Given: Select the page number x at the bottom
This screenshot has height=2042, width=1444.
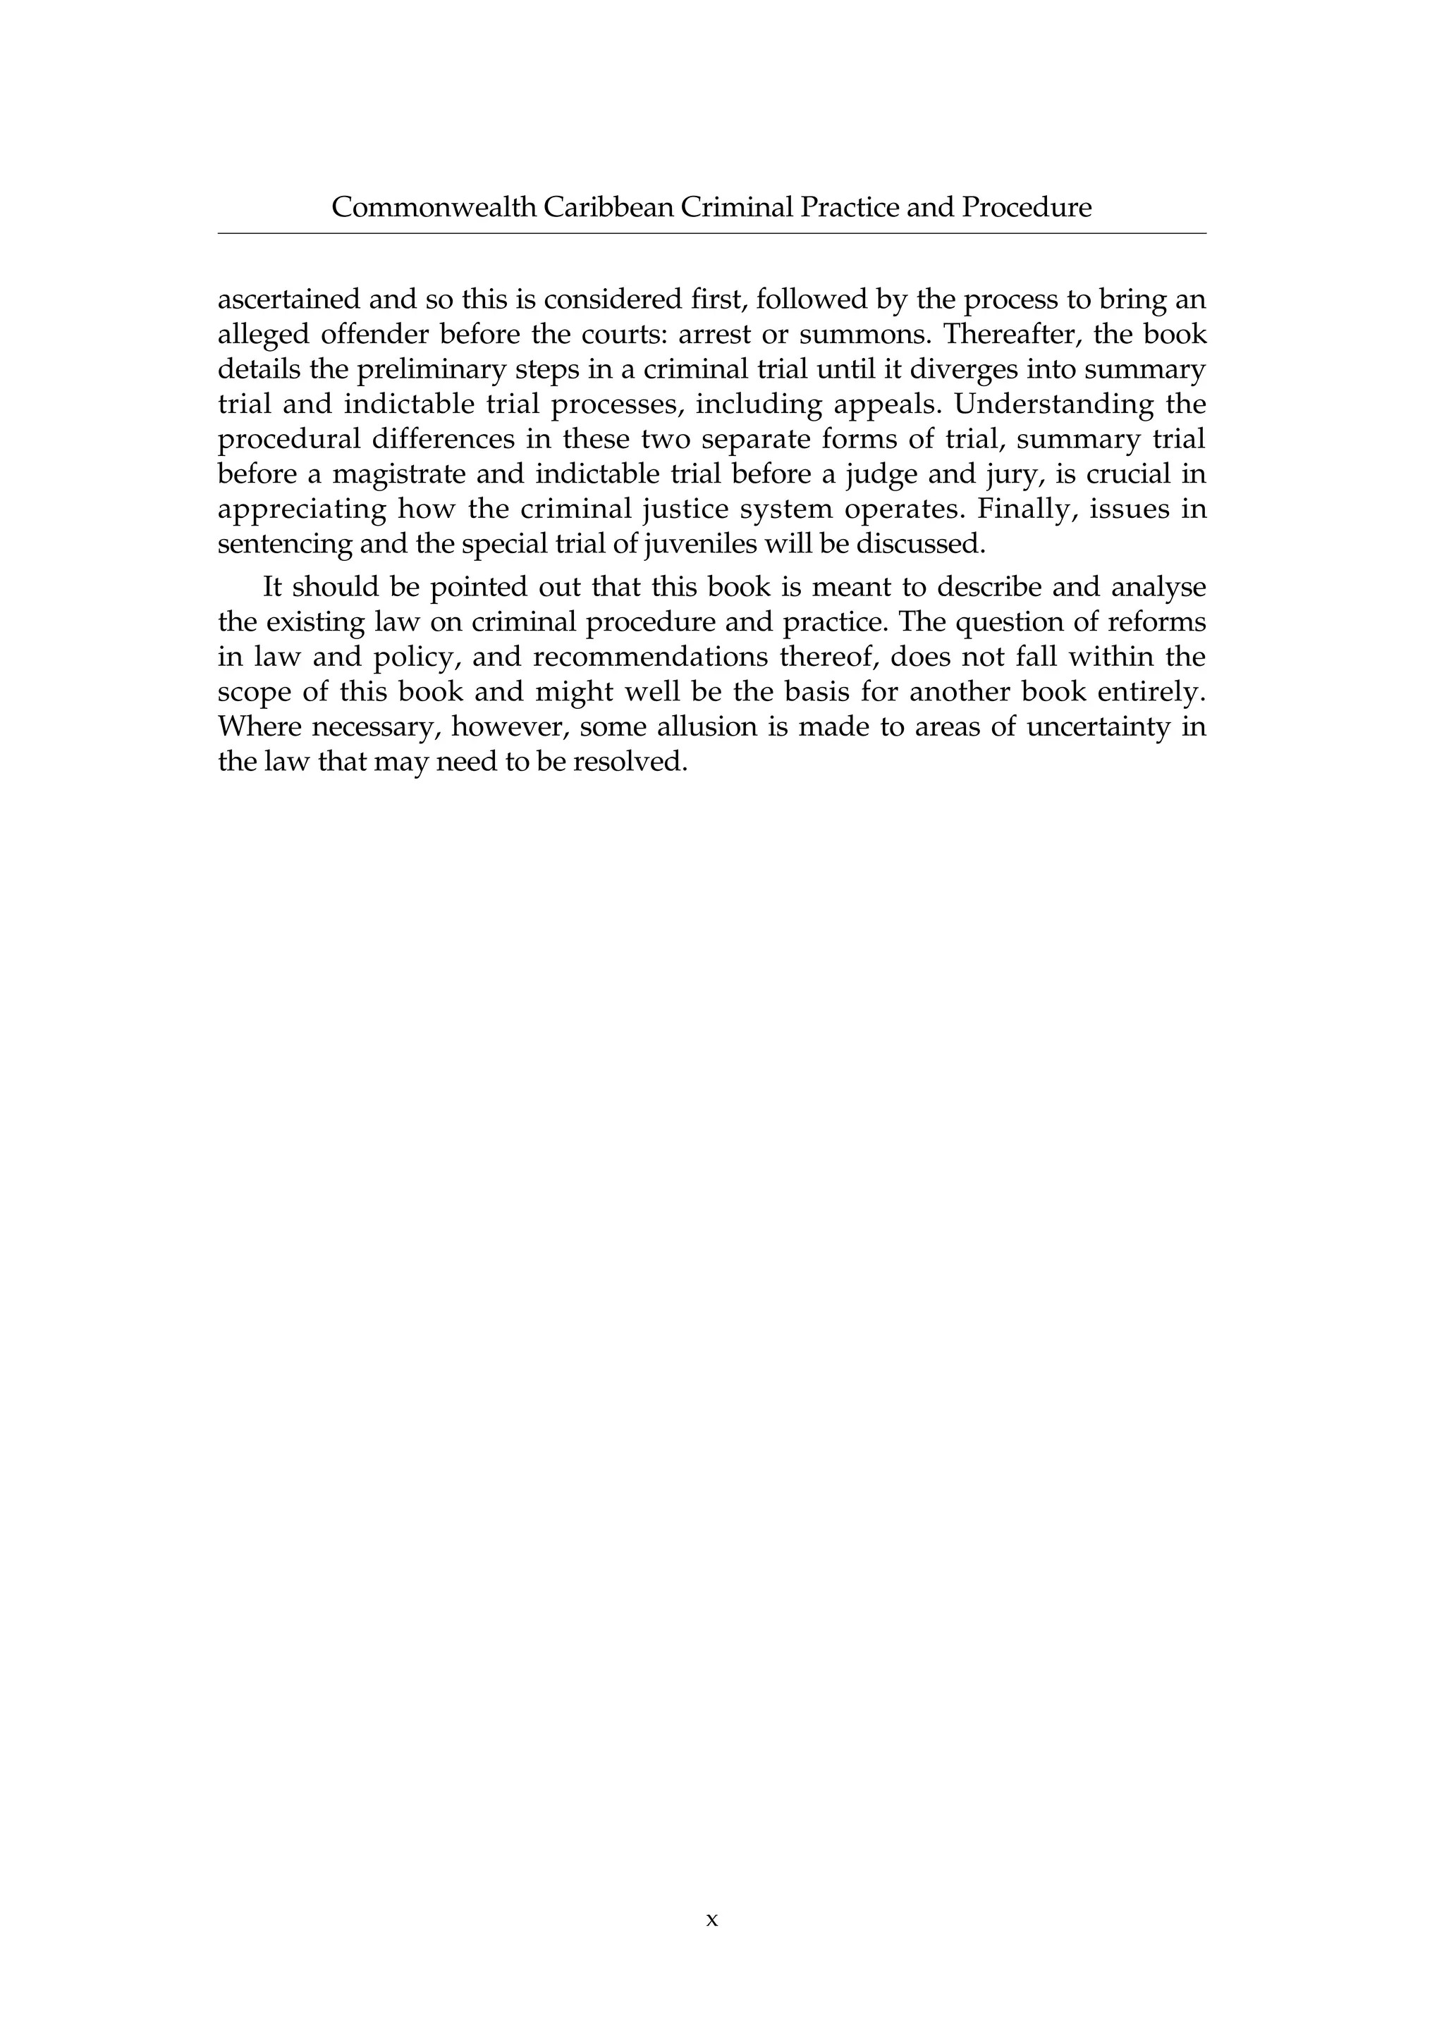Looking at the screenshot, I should coord(711,1920).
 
